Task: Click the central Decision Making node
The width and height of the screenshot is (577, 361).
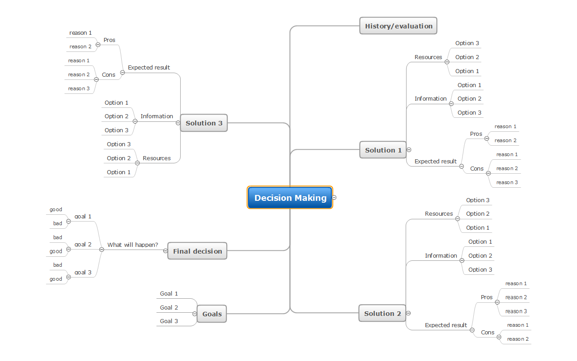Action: [290, 198]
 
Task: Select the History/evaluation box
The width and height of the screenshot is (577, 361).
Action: [398, 26]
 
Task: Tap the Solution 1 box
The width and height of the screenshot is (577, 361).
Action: [383, 150]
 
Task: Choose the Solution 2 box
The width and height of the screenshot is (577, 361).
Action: [382, 313]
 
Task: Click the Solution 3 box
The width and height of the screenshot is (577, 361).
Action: [204, 123]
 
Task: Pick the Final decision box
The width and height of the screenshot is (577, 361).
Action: [197, 251]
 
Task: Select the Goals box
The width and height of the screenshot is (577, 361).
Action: [212, 314]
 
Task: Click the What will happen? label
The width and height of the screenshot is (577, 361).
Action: [133, 245]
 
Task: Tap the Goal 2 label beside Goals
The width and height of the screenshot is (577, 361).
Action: [169, 307]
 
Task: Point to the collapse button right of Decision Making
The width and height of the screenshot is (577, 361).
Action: [334, 198]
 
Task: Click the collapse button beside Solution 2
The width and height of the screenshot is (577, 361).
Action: [408, 313]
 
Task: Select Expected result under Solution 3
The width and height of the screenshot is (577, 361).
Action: [149, 67]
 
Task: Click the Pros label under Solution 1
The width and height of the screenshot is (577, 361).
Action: [476, 134]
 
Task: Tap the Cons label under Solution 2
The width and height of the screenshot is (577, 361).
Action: [488, 332]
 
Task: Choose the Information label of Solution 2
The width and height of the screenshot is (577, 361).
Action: [441, 255]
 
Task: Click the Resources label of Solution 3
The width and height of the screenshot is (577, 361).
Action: [156, 158]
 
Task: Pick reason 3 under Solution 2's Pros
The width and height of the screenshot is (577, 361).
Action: [516, 311]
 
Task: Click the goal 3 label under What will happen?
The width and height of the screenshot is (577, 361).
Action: [83, 272]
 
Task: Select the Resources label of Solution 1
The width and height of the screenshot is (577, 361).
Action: [428, 57]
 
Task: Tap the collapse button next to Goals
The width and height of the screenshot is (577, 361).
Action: [195, 314]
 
